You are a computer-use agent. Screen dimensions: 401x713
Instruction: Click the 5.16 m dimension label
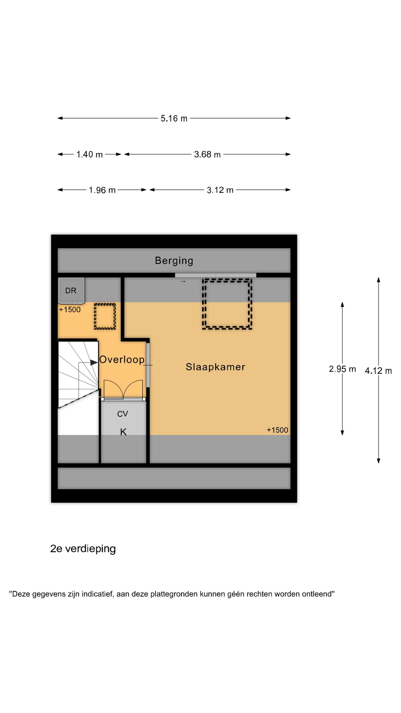174,118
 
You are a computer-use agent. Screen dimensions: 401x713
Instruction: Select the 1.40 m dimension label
89,154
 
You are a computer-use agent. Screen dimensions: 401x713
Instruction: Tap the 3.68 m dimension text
207,154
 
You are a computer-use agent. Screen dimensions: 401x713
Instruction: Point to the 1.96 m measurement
102,190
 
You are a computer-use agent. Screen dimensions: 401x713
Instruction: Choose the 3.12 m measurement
220,190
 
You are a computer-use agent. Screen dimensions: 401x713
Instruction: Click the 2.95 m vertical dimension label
342,369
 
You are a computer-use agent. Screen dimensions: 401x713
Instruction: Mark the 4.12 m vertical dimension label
378,371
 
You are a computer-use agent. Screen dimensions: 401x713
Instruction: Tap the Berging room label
174,261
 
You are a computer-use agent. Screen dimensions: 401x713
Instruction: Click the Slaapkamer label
215,367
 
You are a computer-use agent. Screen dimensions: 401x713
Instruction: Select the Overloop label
122,360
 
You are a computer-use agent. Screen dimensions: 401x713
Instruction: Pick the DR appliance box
71,290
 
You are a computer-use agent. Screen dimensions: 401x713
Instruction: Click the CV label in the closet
123,414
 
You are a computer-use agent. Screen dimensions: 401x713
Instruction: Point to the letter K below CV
123,432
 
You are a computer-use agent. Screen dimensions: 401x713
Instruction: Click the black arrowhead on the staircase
94,362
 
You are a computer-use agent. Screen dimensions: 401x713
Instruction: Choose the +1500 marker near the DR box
70,310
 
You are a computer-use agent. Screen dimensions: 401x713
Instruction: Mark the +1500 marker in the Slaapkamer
277,430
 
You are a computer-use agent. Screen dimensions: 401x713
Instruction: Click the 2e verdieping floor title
83,549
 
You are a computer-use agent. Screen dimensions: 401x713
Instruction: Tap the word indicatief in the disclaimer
97,594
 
